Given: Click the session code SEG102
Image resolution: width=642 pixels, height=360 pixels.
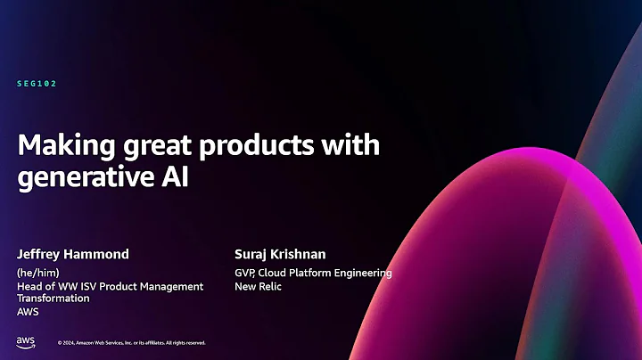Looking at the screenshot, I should pyautogui.click(x=37, y=83).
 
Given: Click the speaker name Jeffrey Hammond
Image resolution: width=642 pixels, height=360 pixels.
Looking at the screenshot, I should pyautogui.click(x=73, y=254).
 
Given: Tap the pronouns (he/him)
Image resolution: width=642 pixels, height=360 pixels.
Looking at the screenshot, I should pyautogui.click(x=37, y=273).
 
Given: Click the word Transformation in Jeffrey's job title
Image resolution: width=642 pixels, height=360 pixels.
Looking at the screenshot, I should pyautogui.click(x=53, y=299).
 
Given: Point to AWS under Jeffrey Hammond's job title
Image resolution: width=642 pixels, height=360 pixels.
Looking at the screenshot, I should pyautogui.click(x=29, y=312).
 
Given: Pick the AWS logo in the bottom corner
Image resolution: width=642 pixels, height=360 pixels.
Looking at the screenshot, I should pyautogui.click(x=25, y=341).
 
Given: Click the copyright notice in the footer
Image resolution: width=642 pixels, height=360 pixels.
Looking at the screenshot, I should pyautogui.click(x=131, y=342).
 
